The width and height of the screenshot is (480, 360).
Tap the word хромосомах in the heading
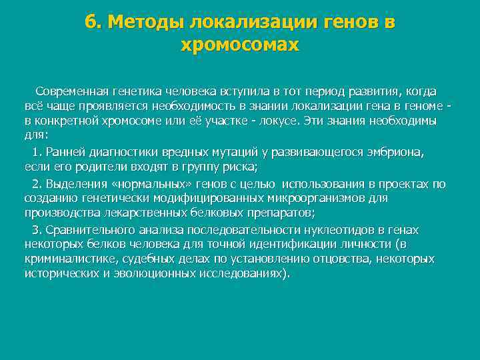point(240,45)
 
